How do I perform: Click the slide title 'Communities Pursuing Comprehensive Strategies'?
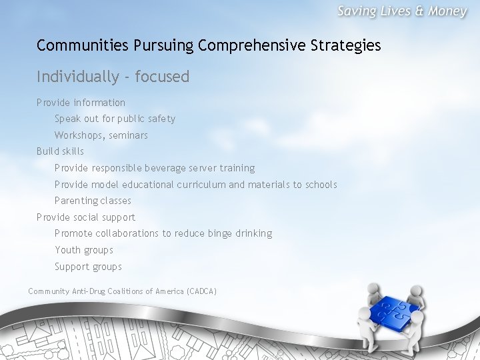click(209, 45)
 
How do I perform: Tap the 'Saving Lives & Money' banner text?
click(402, 12)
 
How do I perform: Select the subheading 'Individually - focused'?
click(113, 77)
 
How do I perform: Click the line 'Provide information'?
click(81, 103)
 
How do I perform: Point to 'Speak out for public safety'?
click(115, 119)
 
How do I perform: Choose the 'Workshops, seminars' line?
click(101, 135)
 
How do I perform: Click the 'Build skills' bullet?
click(60, 151)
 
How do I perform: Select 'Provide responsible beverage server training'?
click(155, 168)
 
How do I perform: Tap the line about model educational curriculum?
click(195, 185)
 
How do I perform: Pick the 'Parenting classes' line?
click(93, 201)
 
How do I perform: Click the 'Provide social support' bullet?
click(85, 217)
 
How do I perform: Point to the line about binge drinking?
click(163, 233)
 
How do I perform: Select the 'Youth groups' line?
click(84, 250)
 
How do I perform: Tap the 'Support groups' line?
click(88, 267)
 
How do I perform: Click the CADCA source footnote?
click(122, 291)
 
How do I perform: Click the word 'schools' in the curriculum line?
click(321, 185)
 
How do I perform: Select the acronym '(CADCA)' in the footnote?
click(202, 291)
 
